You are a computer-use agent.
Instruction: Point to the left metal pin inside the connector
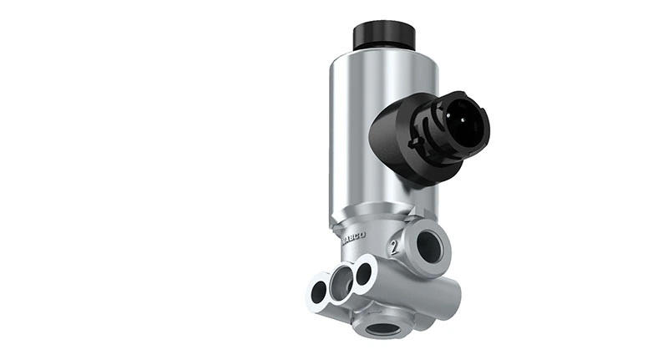(x=458, y=123)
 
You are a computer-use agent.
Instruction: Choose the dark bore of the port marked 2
(x=429, y=245)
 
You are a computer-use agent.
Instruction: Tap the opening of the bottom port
(x=380, y=328)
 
